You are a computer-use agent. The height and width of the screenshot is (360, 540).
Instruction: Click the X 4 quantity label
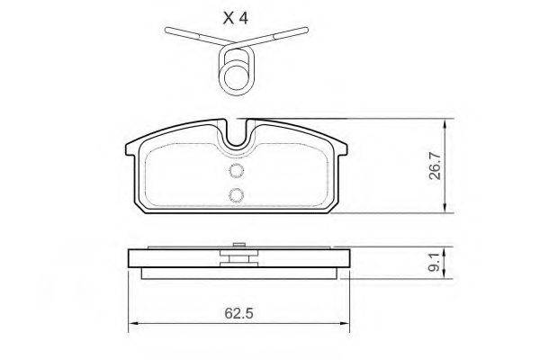point(236,18)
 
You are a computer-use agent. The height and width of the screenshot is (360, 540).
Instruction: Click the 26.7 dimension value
point(436,166)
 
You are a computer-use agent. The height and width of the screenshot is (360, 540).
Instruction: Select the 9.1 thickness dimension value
point(435,262)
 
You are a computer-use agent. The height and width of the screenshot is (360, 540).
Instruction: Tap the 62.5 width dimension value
point(239,313)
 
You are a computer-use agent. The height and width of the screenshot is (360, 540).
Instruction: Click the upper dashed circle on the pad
point(237,170)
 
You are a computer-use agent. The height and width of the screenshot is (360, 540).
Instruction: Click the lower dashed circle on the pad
point(237,195)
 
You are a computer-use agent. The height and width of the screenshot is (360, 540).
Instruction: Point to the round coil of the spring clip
point(236,76)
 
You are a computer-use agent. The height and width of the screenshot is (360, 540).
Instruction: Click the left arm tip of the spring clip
point(167,30)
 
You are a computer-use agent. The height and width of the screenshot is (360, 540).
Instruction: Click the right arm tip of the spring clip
point(305,30)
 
